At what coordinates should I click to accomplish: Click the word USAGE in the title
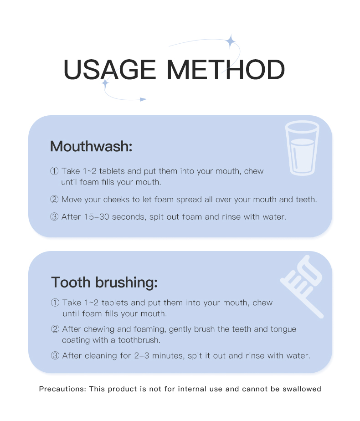point(110,70)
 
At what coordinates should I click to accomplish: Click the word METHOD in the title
point(226,70)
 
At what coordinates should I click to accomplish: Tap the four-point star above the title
point(230,41)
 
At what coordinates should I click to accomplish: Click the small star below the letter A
point(105,83)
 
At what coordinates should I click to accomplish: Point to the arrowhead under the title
point(143,99)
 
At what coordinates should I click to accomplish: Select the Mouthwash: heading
point(91,146)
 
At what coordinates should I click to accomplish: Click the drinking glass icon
point(302,148)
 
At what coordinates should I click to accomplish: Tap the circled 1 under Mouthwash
point(54,171)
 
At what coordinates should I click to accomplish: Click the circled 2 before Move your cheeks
point(54,199)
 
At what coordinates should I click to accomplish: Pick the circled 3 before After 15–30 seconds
point(54,216)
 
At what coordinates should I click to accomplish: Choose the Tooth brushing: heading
point(104,282)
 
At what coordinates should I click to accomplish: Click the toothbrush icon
point(302,287)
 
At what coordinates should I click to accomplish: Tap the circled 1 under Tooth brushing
point(55,303)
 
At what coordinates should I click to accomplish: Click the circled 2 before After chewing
point(55,329)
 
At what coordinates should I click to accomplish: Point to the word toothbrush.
point(139,340)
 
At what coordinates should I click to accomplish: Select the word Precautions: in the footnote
point(62,389)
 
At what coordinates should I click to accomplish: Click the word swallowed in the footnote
point(302,389)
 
